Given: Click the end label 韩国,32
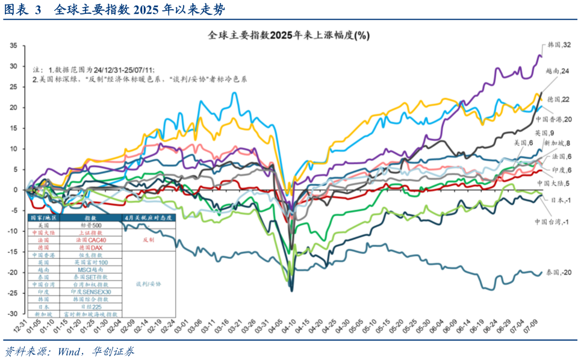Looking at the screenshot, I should tap(559, 45).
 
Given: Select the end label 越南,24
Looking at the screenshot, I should tap(558, 71).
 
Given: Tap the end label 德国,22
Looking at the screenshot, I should tap(559, 99).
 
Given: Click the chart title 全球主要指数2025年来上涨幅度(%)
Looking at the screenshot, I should tap(288, 36).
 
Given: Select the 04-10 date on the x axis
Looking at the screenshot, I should tap(291, 329).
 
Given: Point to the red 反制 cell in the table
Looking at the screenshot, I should tap(148, 240).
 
